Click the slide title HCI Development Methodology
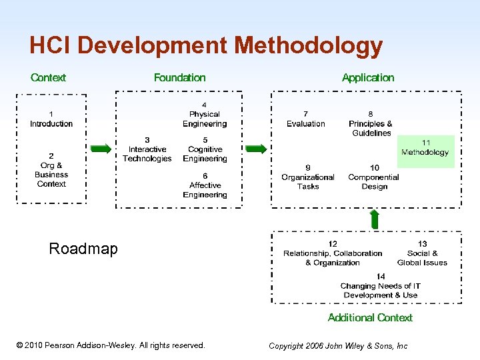coord(206,45)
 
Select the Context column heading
coord(48,78)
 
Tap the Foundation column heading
coord(179,78)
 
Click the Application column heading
coord(368,78)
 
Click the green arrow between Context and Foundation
coord(101,149)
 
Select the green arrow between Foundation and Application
coord(256,149)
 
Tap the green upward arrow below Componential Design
coord(375,219)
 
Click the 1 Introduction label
coord(51,119)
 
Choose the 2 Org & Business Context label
coord(51,170)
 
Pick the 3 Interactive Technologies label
coord(147,150)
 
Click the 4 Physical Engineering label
coord(204,115)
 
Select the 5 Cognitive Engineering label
coord(205,150)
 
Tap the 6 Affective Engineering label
coord(205,185)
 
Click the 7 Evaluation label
coord(306,119)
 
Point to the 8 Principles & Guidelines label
coord(371,123)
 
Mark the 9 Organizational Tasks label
coord(307,177)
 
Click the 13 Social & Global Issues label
coord(422,253)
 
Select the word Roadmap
coord(83,249)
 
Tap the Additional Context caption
coord(370,318)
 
